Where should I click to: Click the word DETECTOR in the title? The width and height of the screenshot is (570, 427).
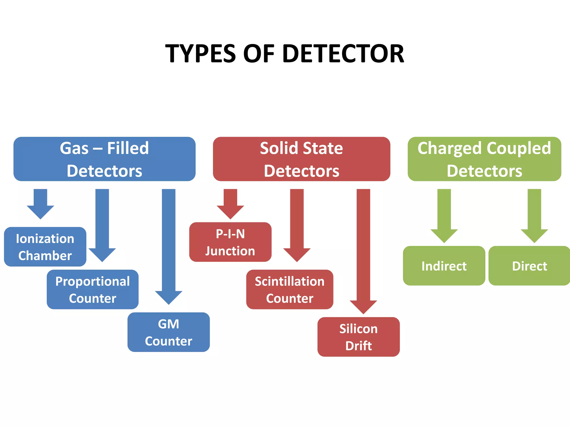[343, 54]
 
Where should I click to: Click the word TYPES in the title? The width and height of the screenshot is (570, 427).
[200, 54]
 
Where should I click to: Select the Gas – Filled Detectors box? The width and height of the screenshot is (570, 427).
[104, 159]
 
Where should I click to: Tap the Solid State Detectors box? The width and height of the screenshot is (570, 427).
[301, 159]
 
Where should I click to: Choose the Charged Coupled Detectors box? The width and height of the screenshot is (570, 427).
[484, 159]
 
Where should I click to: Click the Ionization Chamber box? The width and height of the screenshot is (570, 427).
[45, 247]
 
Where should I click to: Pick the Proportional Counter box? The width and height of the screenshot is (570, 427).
[93, 289]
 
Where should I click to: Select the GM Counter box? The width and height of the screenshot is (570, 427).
[169, 332]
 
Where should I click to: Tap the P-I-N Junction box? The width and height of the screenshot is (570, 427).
[230, 242]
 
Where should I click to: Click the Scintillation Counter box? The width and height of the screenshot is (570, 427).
[290, 289]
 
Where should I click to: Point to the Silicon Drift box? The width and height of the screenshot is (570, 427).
[358, 337]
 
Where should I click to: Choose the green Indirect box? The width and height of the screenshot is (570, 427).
[444, 266]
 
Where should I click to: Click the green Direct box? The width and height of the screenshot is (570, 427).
[529, 266]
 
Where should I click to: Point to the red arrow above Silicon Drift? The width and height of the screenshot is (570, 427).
[363, 250]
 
